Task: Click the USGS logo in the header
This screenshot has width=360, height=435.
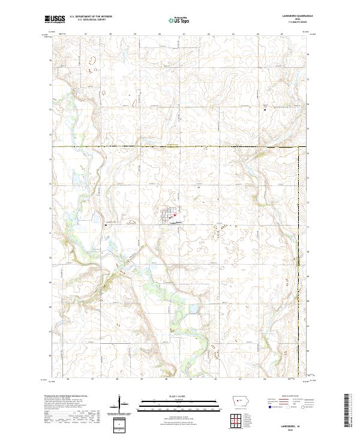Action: [54, 20]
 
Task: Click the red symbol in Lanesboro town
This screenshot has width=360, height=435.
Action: [175, 216]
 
